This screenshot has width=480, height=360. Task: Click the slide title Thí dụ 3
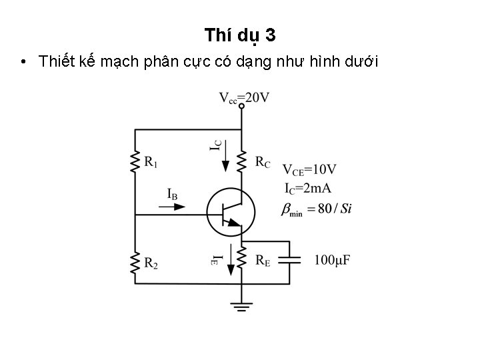(x=239, y=34)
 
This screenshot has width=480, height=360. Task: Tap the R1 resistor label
(x=151, y=161)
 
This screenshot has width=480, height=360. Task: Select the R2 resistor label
(x=151, y=264)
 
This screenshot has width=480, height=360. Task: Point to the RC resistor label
(x=263, y=161)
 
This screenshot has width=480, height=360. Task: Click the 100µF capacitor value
(x=333, y=259)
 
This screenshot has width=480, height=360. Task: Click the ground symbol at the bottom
(x=241, y=307)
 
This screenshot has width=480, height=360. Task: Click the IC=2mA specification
(x=307, y=188)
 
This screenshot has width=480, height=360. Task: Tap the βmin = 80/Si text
(x=317, y=209)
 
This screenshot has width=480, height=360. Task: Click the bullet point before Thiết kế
(x=23, y=63)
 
